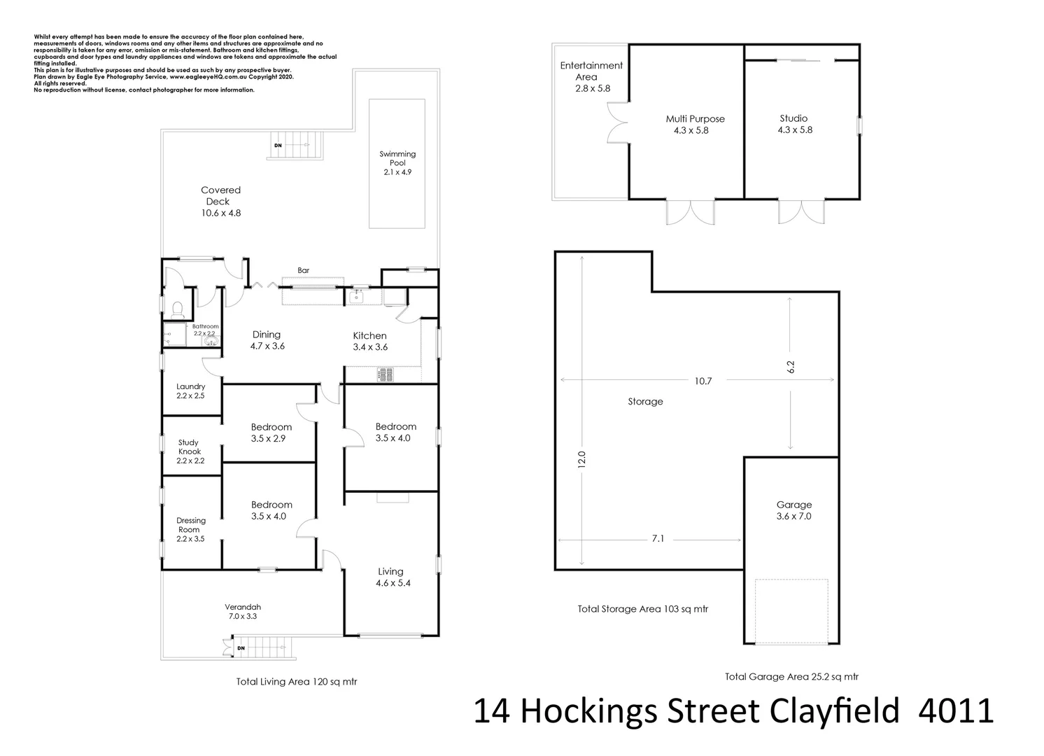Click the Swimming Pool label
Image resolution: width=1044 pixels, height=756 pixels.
(397, 162)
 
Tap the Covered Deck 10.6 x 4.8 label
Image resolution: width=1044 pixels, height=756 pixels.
(220, 201)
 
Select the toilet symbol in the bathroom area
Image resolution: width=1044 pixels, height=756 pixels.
(177, 309)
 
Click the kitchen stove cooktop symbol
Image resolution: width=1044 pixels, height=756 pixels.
(386, 375)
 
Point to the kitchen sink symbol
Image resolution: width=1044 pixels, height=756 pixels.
(358, 297)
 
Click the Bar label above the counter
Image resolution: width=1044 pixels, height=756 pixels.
(303, 270)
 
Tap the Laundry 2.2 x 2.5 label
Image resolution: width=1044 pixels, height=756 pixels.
(190, 391)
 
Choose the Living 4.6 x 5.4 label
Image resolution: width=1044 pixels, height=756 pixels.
(390, 577)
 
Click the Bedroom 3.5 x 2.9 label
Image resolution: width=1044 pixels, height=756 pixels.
(271, 433)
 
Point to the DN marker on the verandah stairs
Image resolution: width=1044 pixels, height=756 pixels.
(241, 648)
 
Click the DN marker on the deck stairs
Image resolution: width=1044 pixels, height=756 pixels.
(278, 145)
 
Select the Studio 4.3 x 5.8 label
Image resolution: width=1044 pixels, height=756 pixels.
(794, 124)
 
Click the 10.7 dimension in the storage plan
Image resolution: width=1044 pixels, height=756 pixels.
(703, 381)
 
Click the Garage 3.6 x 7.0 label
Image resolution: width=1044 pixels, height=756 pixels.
(793, 510)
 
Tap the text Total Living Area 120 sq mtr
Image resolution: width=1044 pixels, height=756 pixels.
(297, 681)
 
